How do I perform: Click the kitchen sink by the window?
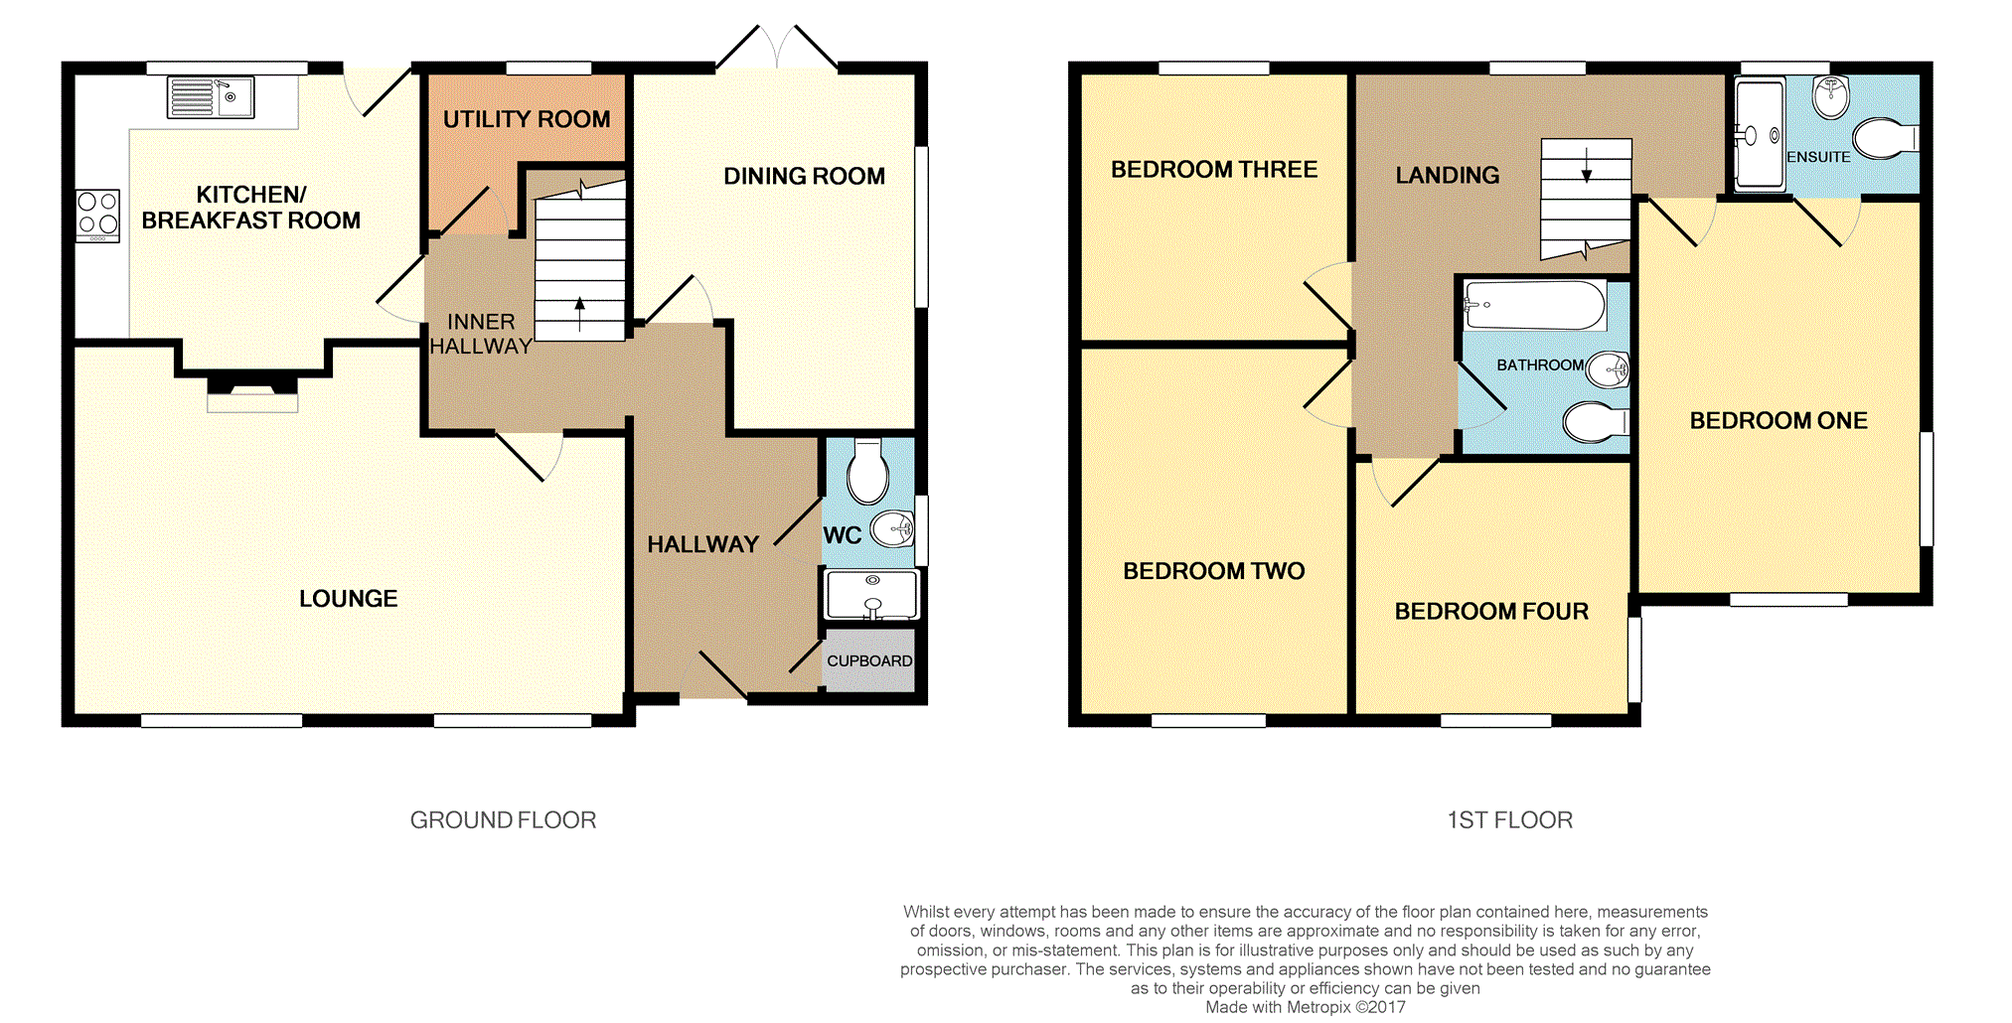[211, 97]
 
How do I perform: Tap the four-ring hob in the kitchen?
[97, 216]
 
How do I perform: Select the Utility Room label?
[527, 119]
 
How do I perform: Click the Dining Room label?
[804, 176]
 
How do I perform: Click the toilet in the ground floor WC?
[867, 472]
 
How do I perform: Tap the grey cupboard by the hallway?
[869, 660]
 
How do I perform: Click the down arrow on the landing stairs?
[1587, 165]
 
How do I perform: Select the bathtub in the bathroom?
[1535, 305]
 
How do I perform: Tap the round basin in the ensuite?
[1830, 96]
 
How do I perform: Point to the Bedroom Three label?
[1214, 170]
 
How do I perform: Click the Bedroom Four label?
[1491, 612]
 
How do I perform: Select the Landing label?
[1448, 176]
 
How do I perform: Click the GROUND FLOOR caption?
[503, 820]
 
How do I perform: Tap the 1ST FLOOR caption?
[1509, 820]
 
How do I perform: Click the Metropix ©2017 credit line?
[1306, 1007]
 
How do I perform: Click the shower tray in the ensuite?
[1760, 134]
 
